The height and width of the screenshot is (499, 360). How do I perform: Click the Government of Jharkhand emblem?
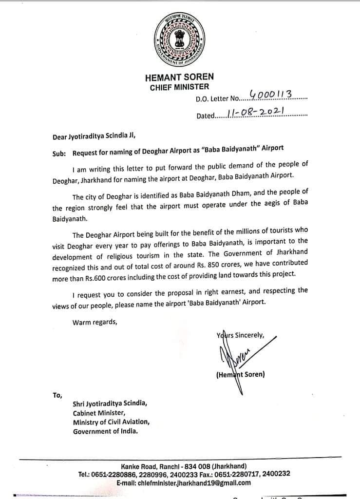tap(179, 39)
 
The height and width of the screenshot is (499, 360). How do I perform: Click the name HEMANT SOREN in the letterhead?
tap(179, 77)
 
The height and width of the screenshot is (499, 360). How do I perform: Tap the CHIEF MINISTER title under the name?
tap(179, 87)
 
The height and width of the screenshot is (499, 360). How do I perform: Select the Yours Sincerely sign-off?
tap(240, 335)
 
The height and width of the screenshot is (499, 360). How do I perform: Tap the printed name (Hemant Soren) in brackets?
tap(240, 375)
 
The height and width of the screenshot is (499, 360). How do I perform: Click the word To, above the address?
tap(57, 395)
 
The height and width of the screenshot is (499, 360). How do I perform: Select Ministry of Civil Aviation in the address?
tap(112, 422)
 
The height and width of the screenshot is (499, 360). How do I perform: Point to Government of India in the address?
tap(105, 431)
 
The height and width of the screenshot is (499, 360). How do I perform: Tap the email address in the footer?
tap(184, 482)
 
